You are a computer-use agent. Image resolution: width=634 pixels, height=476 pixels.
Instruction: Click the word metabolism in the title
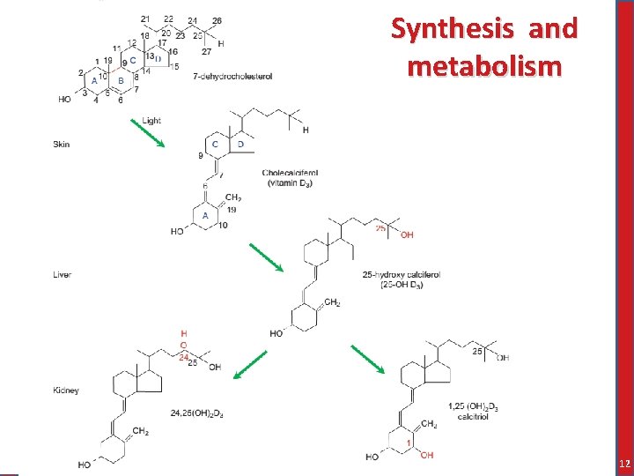click(483, 65)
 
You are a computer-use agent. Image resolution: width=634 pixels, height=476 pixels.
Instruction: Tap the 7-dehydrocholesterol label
click(232, 77)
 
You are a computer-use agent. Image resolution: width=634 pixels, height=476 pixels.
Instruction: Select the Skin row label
click(61, 144)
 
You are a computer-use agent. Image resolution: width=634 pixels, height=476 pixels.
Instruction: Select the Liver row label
click(62, 275)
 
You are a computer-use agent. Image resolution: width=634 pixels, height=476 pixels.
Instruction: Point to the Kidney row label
click(66, 390)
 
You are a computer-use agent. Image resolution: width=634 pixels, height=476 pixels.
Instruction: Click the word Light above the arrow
click(151, 121)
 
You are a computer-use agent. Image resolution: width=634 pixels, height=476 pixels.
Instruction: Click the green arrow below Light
click(147, 134)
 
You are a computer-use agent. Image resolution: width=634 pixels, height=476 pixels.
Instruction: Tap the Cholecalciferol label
click(290, 173)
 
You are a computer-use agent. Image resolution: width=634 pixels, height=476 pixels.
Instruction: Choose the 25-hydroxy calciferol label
click(401, 275)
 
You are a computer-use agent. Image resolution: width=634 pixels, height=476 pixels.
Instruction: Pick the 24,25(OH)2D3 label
click(196, 413)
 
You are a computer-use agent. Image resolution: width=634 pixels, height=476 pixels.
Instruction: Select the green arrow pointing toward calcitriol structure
click(367, 360)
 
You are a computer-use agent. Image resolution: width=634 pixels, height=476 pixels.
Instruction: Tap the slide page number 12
click(623, 464)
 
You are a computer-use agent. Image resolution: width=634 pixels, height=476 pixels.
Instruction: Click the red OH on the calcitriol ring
click(426, 455)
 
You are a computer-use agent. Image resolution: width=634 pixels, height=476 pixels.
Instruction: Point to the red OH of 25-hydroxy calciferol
click(407, 235)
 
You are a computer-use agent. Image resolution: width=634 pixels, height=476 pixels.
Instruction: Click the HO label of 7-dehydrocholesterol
click(64, 100)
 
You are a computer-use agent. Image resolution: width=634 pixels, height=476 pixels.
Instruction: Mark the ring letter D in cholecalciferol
click(240, 144)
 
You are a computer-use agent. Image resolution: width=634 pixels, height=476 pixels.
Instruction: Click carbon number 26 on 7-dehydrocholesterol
click(217, 20)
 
